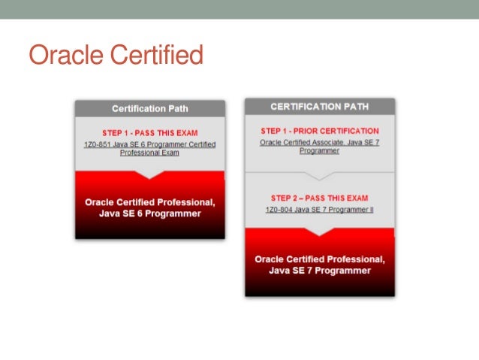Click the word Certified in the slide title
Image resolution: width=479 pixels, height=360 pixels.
tap(155, 56)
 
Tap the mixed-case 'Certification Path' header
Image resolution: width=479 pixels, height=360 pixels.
tap(149, 109)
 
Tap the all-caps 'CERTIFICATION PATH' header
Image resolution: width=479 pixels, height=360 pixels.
tap(319, 107)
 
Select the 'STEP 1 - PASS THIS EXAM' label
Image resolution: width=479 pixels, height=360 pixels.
tap(149, 133)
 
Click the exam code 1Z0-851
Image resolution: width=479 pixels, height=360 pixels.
tap(98, 144)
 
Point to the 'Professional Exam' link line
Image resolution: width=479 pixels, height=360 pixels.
tap(149, 153)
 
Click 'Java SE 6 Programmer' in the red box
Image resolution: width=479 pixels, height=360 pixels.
tap(149, 213)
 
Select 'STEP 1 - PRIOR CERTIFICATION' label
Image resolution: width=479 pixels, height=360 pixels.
tap(319, 131)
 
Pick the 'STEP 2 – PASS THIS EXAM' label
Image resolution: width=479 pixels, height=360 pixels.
tap(319, 198)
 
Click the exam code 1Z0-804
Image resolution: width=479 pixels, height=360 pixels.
tap(279, 210)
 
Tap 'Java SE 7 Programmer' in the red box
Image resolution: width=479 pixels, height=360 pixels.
tap(319, 271)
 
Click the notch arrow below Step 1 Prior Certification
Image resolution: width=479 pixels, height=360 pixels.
tap(319, 176)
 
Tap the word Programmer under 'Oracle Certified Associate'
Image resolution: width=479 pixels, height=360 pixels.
tap(319, 150)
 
